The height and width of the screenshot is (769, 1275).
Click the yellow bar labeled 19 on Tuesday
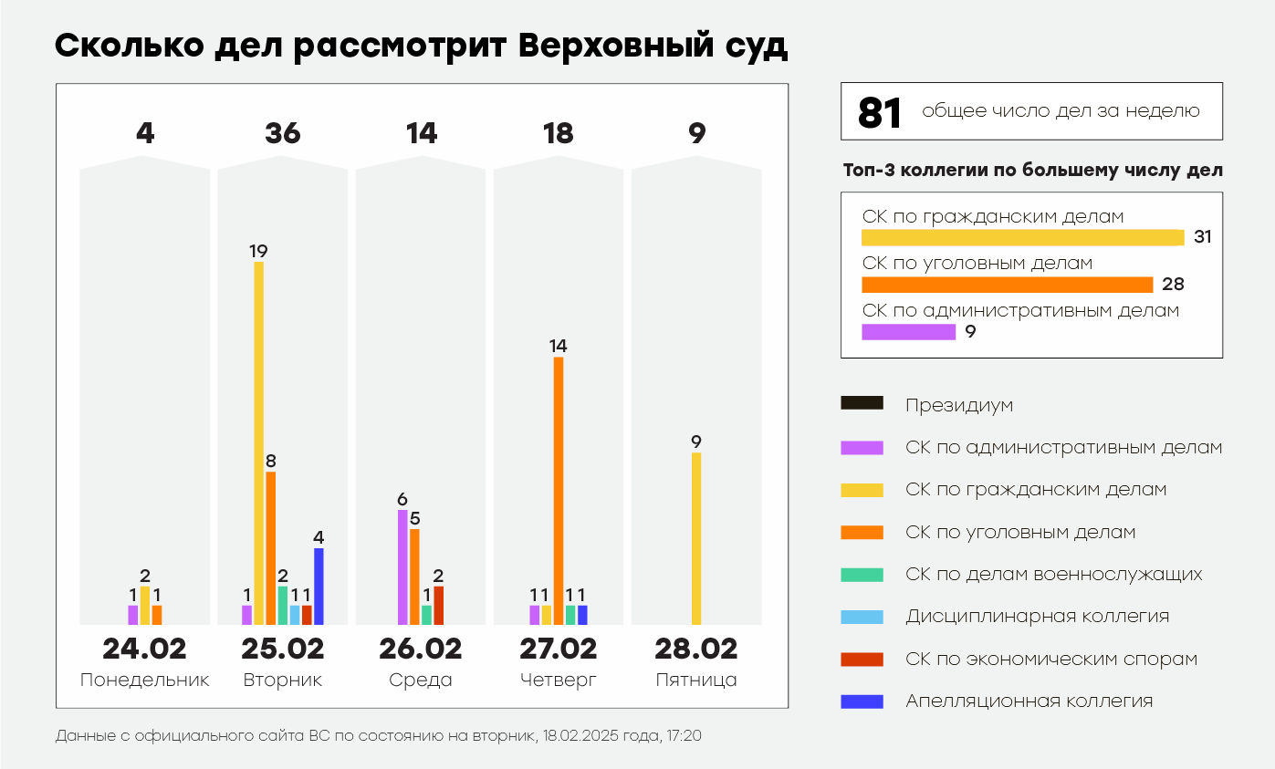[x=258, y=442]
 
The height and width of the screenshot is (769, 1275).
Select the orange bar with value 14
[x=559, y=490]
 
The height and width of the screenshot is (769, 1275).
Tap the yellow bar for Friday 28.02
[x=696, y=538]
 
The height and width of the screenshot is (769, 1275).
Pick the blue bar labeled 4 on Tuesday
[x=319, y=586]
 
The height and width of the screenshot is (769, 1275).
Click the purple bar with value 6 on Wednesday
[x=402, y=566]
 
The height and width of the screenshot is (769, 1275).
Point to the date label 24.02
[x=144, y=649]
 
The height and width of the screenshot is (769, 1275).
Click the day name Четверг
[x=558, y=681]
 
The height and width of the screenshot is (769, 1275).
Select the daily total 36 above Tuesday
[x=282, y=134]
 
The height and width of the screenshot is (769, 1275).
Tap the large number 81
[x=880, y=112]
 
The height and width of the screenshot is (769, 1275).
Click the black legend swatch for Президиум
[x=861, y=403]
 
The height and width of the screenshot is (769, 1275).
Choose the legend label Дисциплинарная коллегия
[x=1037, y=617]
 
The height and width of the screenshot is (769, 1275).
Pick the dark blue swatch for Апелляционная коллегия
[x=861, y=701]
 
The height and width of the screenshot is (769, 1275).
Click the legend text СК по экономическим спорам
[x=1051, y=659]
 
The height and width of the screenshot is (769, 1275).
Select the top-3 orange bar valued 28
[x=1008, y=285]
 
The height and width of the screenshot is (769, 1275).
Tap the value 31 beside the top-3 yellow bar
[x=1202, y=237]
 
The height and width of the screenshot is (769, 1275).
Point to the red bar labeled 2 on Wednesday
[x=438, y=605]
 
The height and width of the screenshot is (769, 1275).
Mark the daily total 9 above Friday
[x=696, y=134]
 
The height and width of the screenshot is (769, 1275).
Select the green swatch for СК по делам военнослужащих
[x=861, y=575]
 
